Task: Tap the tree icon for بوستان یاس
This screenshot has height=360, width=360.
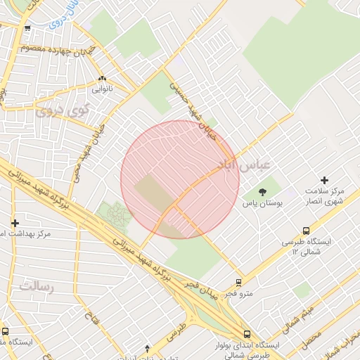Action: coord(262,191)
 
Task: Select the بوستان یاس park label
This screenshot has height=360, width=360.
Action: coord(262,203)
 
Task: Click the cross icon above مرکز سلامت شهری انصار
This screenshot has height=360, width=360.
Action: coord(324,181)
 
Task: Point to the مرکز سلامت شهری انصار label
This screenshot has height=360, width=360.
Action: coord(324,196)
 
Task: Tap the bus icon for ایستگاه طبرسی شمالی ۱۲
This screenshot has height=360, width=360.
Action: coord(306,231)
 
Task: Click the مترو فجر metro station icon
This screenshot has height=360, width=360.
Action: coord(239,283)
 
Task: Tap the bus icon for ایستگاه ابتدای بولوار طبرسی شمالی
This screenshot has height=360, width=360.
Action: coord(246,334)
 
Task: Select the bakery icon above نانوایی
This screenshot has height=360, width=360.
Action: coord(103,79)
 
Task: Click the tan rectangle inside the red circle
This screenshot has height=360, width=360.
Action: coord(153,193)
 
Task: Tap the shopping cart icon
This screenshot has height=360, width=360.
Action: coord(27,29)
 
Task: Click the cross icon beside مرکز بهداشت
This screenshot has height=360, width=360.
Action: coord(15,223)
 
